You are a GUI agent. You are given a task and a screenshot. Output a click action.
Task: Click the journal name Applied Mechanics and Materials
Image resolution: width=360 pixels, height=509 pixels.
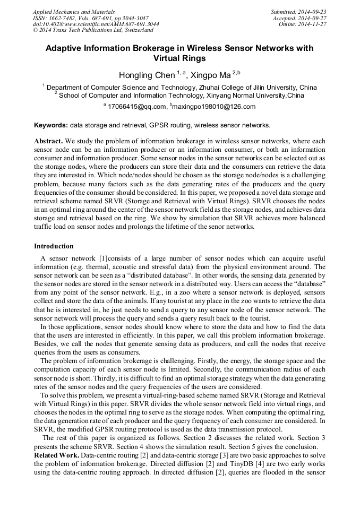(73, 11)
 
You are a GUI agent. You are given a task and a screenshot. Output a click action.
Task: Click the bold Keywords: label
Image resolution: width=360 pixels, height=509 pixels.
(51, 125)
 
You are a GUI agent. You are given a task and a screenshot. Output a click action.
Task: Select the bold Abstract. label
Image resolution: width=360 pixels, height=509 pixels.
(49, 142)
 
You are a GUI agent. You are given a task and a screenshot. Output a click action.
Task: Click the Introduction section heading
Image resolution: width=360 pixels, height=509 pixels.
(54, 246)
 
